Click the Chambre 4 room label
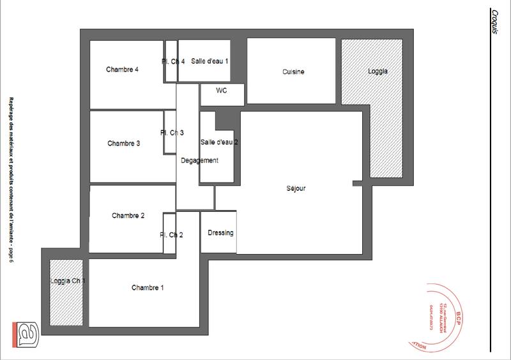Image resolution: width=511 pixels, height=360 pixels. point(123,70)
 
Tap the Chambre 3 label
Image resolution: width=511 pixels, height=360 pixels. point(124,144)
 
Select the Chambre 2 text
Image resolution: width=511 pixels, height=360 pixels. point(128,216)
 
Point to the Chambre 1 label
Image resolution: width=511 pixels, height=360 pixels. point(148,288)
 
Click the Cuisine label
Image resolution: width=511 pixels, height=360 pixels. point(293,72)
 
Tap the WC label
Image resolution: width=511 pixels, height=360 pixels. point(222,91)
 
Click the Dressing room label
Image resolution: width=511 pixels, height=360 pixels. point(221,233)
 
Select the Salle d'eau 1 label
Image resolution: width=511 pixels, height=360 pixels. point(210,61)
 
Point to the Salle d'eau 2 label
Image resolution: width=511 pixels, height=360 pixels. point(219,142)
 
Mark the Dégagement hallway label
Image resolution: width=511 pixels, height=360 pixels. point(200,161)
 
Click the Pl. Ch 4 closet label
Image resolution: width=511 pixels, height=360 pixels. point(173,62)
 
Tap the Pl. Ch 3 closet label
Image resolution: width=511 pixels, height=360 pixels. point(172,133)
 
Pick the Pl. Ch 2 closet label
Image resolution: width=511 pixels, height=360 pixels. point(171,235)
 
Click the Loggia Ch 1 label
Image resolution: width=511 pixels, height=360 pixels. point(68,281)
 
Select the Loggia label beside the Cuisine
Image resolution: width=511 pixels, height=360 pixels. point(378,71)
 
